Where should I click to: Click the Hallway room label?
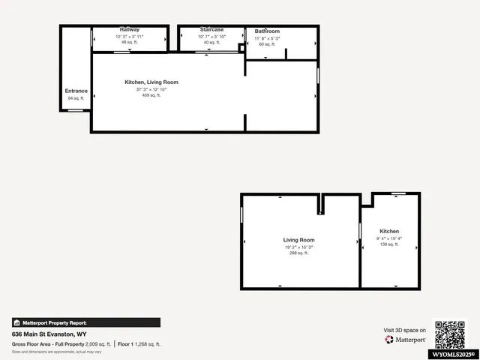point(129,29)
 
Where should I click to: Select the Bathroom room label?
point(267,31)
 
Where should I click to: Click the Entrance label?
point(76,91)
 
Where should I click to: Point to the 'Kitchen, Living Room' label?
point(151,82)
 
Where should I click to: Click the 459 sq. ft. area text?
point(151,95)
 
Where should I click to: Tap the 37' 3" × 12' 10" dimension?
point(151,88)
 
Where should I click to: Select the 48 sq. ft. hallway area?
point(129,42)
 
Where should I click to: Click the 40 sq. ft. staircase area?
point(211,42)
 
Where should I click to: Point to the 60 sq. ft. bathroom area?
point(267,44)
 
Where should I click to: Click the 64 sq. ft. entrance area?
point(76,98)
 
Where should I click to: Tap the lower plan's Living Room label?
point(299,240)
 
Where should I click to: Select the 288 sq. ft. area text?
point(299,253)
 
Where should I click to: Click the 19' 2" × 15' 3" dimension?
point(299,247)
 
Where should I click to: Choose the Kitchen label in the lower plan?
point(389,231)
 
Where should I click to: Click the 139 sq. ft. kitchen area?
point(389,244)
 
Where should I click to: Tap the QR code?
point(451,334)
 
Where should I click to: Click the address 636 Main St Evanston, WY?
point(49,334)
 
